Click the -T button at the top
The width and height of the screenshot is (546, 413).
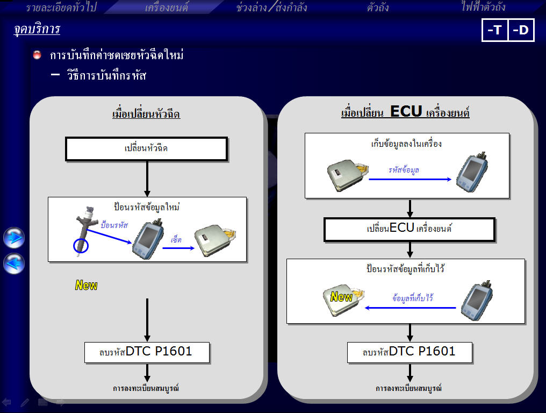494,30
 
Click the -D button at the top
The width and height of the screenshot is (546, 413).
521,30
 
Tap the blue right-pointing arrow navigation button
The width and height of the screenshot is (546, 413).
14,238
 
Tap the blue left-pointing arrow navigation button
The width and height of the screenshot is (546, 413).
14,264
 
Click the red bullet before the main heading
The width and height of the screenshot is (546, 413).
37,55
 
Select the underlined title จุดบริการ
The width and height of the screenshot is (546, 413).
37,29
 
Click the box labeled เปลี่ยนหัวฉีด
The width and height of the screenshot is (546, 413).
147,149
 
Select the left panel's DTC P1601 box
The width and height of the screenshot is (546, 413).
147,352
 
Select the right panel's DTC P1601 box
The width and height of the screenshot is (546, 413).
410,352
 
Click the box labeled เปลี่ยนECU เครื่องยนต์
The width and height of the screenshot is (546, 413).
410,229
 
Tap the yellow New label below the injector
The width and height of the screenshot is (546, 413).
87,285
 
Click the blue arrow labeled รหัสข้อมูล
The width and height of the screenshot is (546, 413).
410,179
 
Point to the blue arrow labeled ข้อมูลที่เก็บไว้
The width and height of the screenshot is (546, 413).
410,308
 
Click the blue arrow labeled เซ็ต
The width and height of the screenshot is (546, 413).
178,248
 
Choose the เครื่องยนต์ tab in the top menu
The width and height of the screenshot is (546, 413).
167,7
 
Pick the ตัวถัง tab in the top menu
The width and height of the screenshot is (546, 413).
378,7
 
